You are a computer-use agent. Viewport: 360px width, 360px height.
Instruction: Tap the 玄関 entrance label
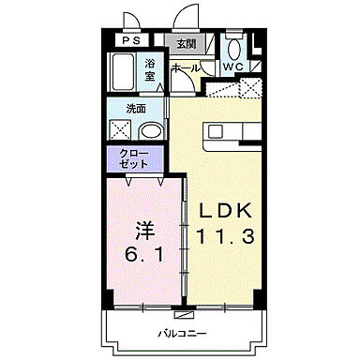click(185, 43)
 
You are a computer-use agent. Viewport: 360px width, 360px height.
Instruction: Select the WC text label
click(235, 67)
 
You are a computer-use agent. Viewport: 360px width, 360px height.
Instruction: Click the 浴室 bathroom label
click(150, 71)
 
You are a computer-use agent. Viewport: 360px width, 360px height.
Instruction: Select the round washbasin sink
click(151, 131)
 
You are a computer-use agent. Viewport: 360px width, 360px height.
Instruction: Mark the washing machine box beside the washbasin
click(122, 131)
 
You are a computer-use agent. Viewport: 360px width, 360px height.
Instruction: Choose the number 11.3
click(223, 237)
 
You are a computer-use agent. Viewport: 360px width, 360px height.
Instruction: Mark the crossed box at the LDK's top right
click(250, 89)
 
